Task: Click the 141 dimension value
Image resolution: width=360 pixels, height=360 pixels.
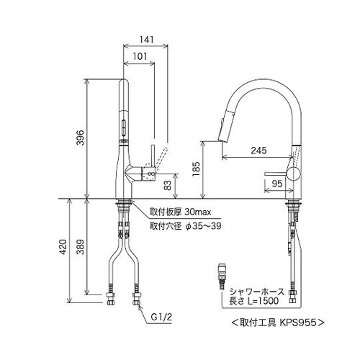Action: point(146,40)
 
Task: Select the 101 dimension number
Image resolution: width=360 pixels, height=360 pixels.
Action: point(140,56)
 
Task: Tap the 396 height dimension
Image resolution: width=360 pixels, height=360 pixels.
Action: point(81,138)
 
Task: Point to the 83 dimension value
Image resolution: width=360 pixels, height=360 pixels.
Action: point(168,185)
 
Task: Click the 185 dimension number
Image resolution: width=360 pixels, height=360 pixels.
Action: point(196,169)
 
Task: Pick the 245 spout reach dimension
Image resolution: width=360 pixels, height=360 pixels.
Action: point(258,150)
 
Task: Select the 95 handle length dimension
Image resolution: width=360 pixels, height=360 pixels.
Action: point(277,184)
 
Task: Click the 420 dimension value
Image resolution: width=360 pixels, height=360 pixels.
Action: point(63,247)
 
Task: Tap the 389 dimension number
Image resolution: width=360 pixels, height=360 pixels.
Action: point(81,247)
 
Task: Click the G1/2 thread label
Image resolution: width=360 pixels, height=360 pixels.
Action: point(161,318)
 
